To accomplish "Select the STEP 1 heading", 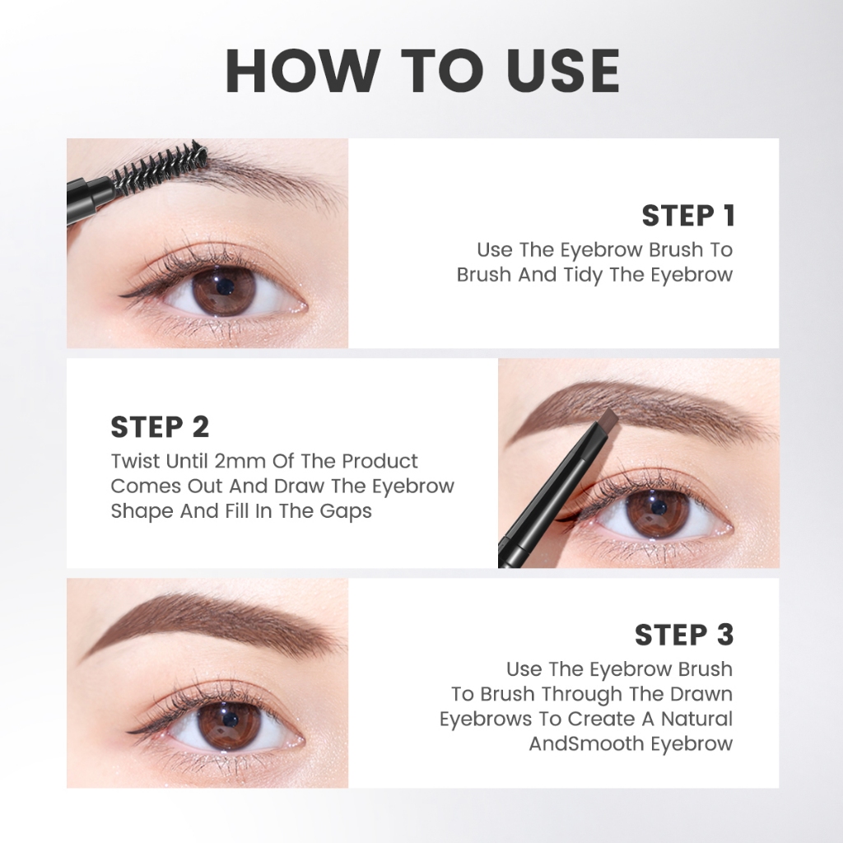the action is [x=688, y=216].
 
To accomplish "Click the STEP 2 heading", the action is [x=160, y=427].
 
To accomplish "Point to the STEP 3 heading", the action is [x=684, y=635].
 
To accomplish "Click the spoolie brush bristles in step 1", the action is [x=161, y=164].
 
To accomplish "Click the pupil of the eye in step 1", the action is [x=224, y=286].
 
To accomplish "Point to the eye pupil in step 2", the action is [x=658, y=507].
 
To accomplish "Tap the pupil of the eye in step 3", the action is [x=230, y=719].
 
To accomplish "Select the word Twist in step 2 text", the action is [x=136, y=461].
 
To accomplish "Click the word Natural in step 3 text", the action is [x=696, y=719].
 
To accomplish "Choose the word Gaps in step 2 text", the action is [x=346, y=511].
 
